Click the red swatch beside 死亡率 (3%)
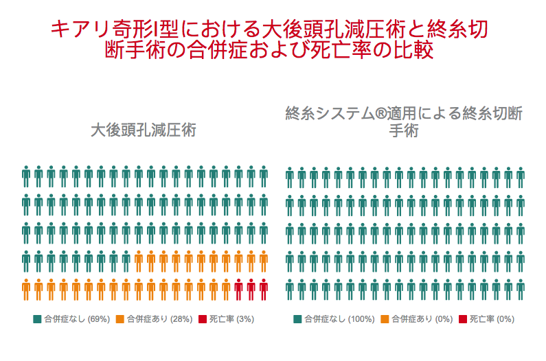tap(202, 319)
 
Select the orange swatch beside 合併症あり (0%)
tap(384, 319)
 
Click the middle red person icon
tap(251, 290)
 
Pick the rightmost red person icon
tap(263, 290)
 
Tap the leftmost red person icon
tap(238, 290)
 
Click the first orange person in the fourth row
tap(139, 261)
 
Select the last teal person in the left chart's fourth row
tap(126, 261)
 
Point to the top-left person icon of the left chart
tap(26, 176)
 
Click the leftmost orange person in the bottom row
tap(26, 290)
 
